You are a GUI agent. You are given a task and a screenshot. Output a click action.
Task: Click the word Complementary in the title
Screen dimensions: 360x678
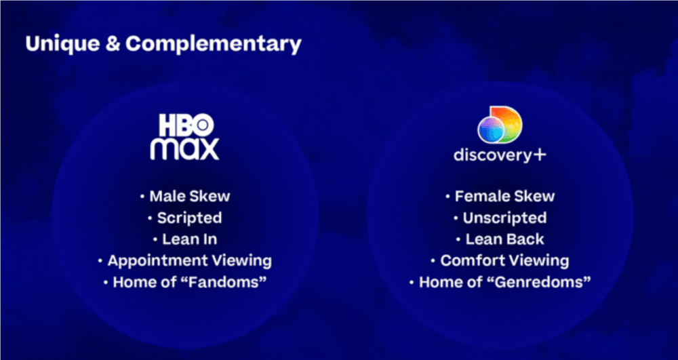point(214,44)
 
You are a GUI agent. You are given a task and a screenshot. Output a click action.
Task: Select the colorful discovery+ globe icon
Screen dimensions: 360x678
point(500,125)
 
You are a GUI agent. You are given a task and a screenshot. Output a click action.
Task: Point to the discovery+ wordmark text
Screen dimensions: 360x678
point(493,155)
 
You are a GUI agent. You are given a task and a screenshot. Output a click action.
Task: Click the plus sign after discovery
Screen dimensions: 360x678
point(540,155)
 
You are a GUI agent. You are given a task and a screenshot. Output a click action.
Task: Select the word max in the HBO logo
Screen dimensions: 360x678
point(185,148)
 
